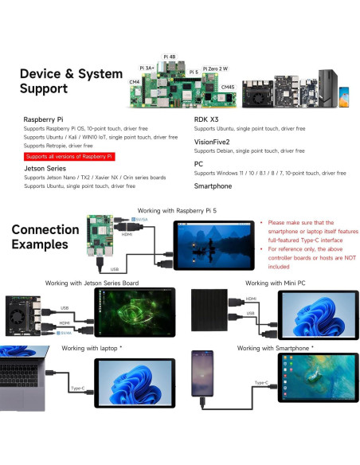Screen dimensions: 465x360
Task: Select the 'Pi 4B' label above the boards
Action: tap(170, 57)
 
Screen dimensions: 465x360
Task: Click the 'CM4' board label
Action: tap(134, 81)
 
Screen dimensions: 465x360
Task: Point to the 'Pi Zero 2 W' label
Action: tap(217, 69)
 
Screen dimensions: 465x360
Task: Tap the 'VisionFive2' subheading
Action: tap(213, 141)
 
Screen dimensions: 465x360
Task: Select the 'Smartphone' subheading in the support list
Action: tap(213, 186)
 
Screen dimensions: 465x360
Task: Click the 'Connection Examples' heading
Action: tap(45, 236)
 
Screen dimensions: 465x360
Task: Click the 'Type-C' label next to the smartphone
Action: tap(260, 383)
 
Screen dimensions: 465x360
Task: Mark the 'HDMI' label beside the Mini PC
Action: tap(252, 299)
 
